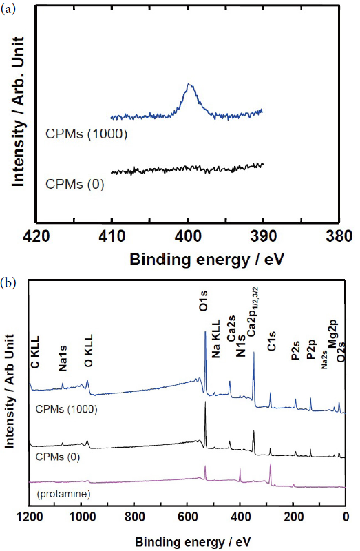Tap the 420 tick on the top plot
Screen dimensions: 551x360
tap(36, 236)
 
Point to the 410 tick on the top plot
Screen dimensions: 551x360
tap(112, 236)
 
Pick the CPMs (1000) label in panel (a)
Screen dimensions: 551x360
tap(87, 134)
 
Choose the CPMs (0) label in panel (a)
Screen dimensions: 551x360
tap(74, 185)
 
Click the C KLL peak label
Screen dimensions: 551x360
tap(34, 352)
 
